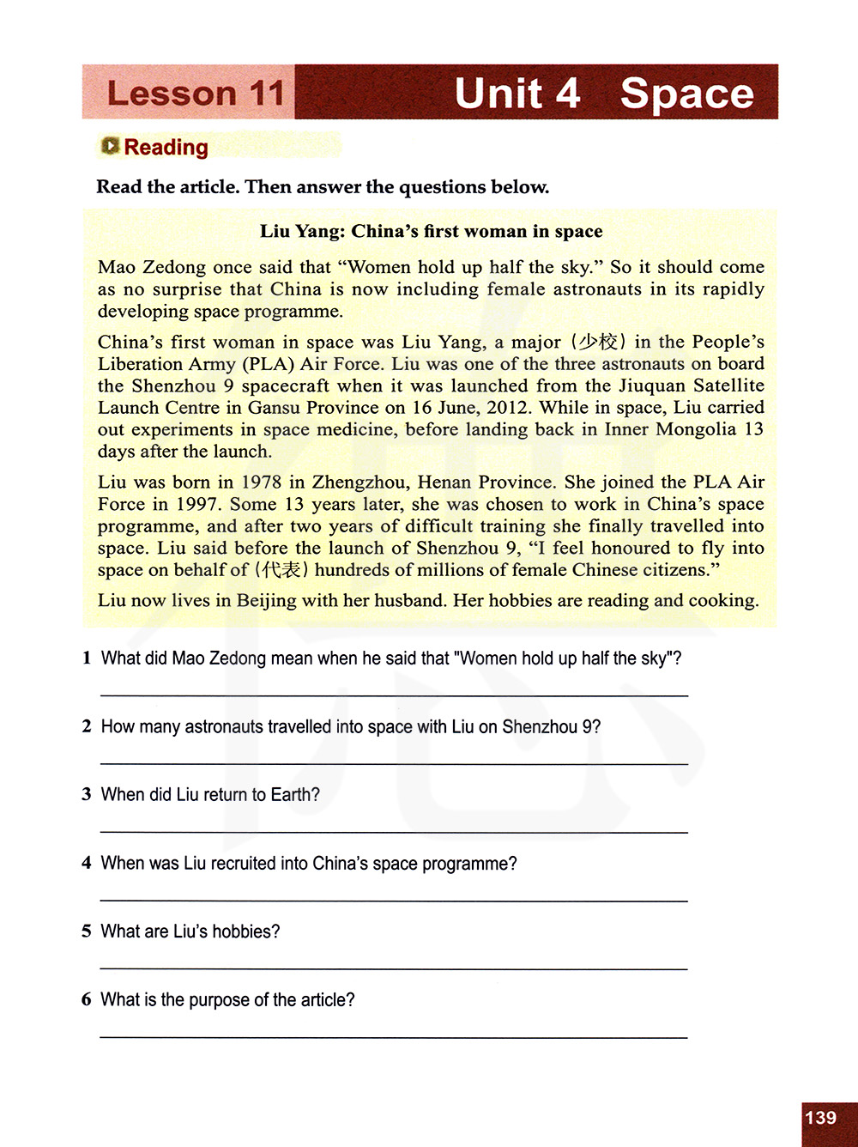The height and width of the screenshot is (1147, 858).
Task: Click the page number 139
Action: pyautogui.click(x=821, y=1117)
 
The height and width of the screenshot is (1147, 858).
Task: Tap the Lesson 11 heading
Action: pyautogui.click(x=195, y=93)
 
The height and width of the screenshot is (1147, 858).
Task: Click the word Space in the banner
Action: pyautogui.click(x=686, y=93)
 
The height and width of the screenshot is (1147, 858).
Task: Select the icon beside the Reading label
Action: pyautogui.click(x=110, y=146)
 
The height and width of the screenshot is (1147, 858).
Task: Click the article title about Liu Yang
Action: pyautogui.click(x=431, y=231)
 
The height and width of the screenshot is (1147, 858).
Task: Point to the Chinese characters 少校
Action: pyautogui.click(x=598, y=342)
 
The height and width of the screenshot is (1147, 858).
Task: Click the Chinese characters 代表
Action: pyautogui.click(x=281, y=569)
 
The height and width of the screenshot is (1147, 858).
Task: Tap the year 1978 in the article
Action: pyautogui.click(x=261, y=482)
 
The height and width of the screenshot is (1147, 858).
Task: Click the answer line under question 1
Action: pyautogui.click(x=394, y=695)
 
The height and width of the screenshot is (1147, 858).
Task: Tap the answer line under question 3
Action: pyautogui.click(x=394, y=831)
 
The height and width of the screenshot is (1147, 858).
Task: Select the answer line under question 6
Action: pyautogui.click(x=394, y=1037)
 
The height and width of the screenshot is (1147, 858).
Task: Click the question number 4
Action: pyautogui.click(x=87, y=863)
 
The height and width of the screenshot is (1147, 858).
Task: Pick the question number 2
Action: pyautogui.click(x=87, y=726)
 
